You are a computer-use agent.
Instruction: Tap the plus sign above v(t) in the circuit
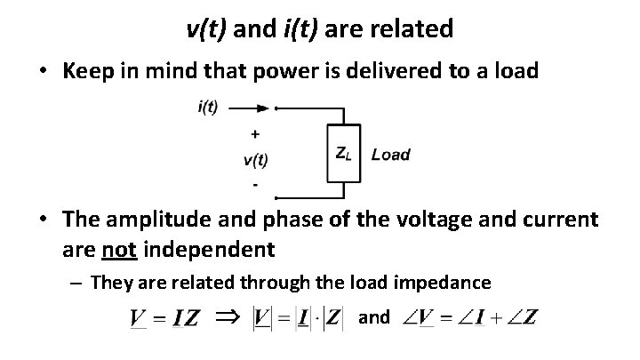click(256, 134)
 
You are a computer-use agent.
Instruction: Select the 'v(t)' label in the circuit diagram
click(255, 160)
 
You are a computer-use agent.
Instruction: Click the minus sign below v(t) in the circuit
click(256, 185)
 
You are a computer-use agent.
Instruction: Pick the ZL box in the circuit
click(343, 154)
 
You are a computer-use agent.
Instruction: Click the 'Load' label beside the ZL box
click(390, 155)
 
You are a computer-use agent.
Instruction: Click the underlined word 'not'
click(117, 250)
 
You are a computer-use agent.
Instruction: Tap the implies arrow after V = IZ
click(228, 316)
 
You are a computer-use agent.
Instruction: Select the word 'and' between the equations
click(373, 316)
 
